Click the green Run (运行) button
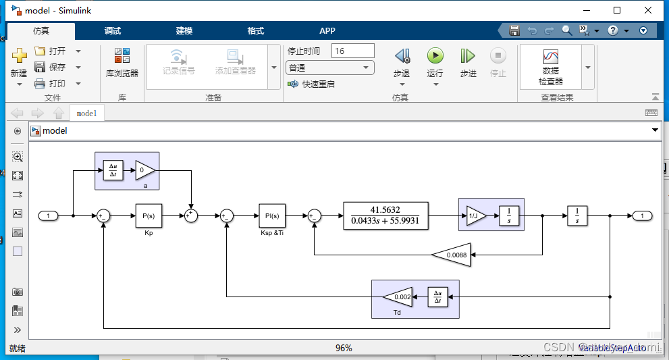point(435,56)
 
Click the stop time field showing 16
point(352,51)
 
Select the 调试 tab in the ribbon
point(113,30)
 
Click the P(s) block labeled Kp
point(149,215)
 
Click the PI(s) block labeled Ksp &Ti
point(271,215)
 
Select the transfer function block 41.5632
point(385,215)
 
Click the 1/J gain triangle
point(475,215)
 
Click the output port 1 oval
point(642,215)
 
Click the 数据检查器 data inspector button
point(550,66)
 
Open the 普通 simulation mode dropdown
point(330,68)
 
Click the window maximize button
point(616,10)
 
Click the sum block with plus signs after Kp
point(192,215)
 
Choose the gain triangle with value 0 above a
point(144,170)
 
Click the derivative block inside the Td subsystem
point(437,297)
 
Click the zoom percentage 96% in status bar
point(344,349)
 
